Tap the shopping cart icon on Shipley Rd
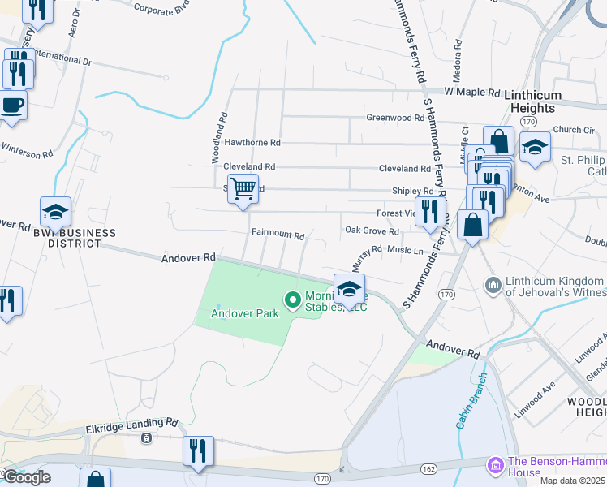[243, 190]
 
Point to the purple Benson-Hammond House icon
[494, 467]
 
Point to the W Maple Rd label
[471, 92]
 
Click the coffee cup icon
[12, 106]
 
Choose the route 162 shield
[429, 469]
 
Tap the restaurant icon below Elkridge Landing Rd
[198, 450]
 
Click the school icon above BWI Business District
[55, 213]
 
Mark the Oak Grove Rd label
[372, 231]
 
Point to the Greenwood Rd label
[395, 117]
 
